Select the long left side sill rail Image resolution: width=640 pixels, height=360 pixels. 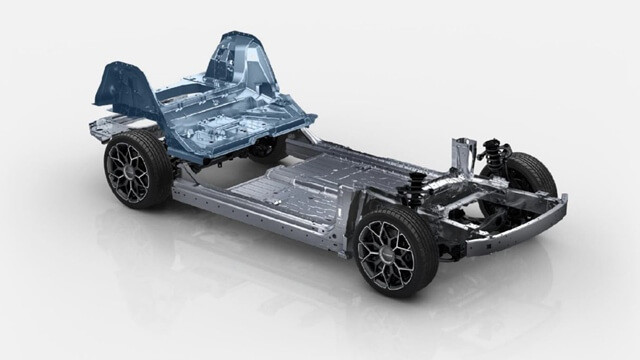260,215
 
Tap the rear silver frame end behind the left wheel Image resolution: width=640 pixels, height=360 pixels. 100,128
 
